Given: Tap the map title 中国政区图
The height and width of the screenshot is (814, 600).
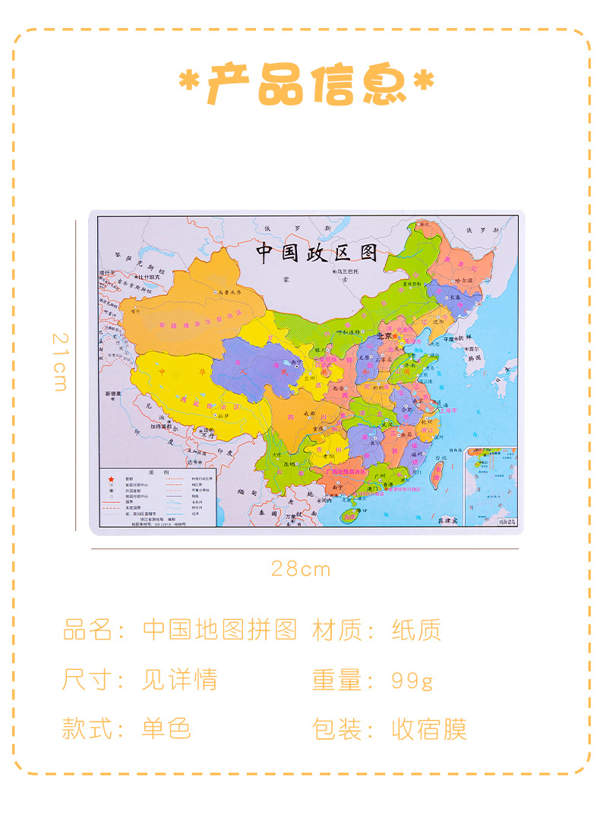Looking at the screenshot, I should pyautogui.click(x=316, y=253).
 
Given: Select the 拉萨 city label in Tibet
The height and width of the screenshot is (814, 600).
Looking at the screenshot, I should pyautogui.click(x=223, y=416).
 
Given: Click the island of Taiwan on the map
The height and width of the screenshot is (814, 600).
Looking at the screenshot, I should pyautogui.click(x=437, y=474).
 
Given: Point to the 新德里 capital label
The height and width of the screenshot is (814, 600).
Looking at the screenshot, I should pyautogui.click(x=109, y=394).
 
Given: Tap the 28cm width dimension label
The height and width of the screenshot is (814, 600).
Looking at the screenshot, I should pyautogui.click(x=301, y=569).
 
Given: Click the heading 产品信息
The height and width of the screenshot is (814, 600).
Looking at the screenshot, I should pyautogui.click(x=307, y=84).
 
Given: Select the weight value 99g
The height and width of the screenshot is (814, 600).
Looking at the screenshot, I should pyautogui.click(x=412, y=680).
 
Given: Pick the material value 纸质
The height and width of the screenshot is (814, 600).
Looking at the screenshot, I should pyautogui.click(x=416, y=630).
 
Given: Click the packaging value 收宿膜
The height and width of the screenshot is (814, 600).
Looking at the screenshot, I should pyautogui.click(x=428, y=729).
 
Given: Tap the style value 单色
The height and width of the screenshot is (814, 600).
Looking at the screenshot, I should pyautogui.click(x=166, y=729).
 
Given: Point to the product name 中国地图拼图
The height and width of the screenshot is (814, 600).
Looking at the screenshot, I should pyautogui.click(x=219, y=630).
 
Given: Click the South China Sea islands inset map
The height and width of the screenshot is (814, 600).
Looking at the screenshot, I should pyautogui.click(x=491, y=486).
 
